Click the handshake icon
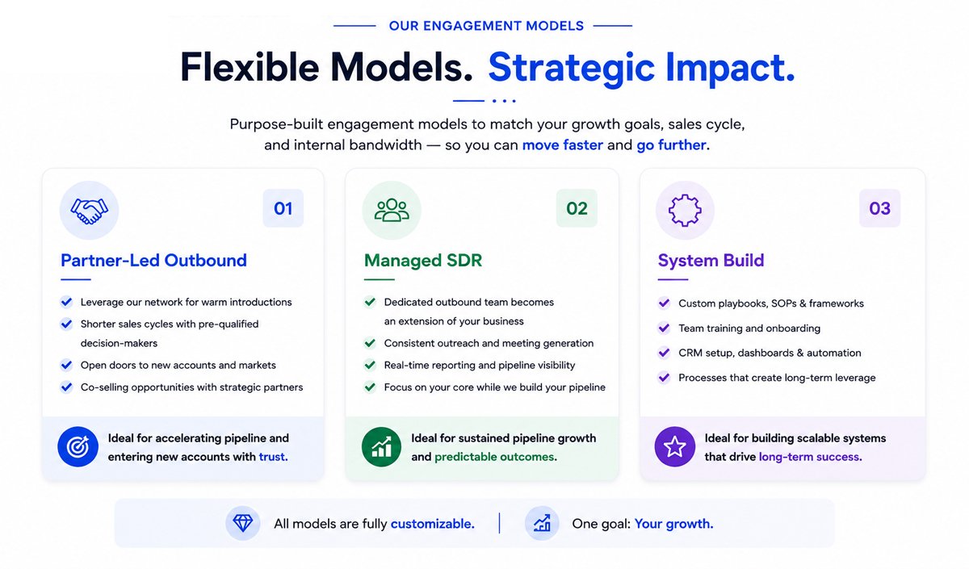coord(89,211)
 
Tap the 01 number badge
coord(283,208)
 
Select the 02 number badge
coord(577,208)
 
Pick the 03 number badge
coord(880,208)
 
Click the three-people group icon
coord(392,211)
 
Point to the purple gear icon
coord(685,211)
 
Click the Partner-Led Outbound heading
coord(153,260)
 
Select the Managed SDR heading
coord(423,260)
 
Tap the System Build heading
coord(711,260)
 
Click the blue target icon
coord(78,446)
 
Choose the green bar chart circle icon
coord(381,446)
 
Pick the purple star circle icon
coord(675,446)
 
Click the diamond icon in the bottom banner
coord(243,524)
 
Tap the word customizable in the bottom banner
coord(433,524)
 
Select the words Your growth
coord(674,524)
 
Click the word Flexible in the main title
coord(250,67)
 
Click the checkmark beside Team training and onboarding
coord(664,328)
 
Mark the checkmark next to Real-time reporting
coord(370,365)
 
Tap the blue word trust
coord(274,457)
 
